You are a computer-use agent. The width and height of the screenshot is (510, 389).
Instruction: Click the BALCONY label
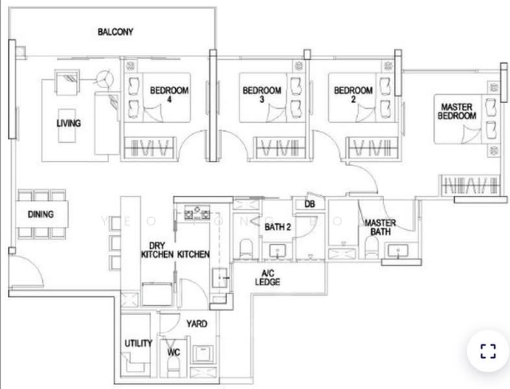tap(115, 31)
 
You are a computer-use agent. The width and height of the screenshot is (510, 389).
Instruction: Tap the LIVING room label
tap(69, 123)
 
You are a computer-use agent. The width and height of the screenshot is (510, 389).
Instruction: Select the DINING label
tap(40, 214)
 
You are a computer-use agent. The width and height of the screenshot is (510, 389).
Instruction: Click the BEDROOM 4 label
tap(169, 95)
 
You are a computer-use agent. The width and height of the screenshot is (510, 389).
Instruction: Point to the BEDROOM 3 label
tap(261, 95)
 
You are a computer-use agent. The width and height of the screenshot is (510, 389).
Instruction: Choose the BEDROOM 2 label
tap(353, 95)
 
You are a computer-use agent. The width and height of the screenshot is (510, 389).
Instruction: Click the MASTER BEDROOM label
tap(458, 111)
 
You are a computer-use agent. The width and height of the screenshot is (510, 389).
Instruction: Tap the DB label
tap(309, 205)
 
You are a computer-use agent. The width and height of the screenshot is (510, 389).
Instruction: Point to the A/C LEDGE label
tap(267, 277)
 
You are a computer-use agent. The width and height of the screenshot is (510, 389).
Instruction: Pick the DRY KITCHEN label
tap(157, 250)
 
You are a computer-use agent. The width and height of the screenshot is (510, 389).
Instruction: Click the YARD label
tap(196, 323)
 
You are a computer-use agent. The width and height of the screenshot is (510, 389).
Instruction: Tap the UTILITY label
tap(138, 343)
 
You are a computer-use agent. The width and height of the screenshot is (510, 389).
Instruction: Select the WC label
tap(173, 352)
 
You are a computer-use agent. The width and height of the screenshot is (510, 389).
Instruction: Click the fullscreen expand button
tap(487, 351)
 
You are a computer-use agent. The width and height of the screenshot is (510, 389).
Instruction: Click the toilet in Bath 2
tap(246, 248)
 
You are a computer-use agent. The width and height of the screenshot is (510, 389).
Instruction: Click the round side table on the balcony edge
tap(103, 80)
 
